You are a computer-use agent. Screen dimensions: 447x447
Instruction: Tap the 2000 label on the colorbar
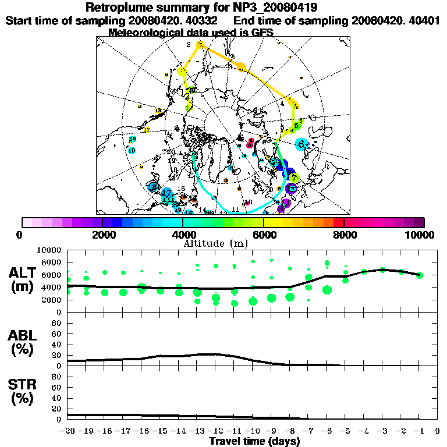[102, 235]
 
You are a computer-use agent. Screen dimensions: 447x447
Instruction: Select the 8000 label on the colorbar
[344, 235]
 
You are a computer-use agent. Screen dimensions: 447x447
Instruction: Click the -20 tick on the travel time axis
[69, 431]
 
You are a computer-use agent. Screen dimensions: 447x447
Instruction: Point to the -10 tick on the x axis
[253, 431]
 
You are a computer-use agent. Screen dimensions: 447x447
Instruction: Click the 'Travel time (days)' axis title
[254, 441]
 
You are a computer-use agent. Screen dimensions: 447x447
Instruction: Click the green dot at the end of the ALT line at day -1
[419, 275]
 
